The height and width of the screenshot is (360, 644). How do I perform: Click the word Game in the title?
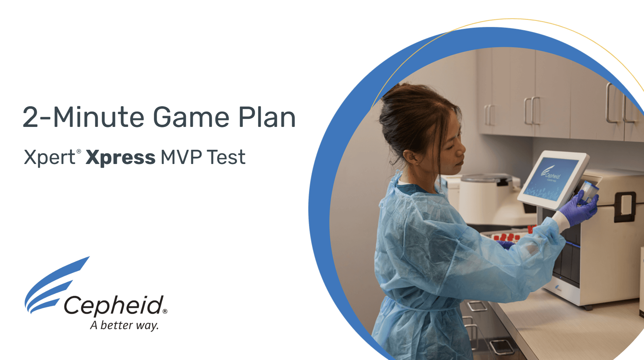click(191, 117)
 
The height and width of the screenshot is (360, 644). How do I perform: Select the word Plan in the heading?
click(267, 117)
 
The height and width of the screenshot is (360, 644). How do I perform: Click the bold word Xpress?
click(121, 158)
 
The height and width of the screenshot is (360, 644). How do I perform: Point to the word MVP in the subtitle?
click(181, 157)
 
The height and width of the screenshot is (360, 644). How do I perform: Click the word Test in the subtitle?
click(226, 157)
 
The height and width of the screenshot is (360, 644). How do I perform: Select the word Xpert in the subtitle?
click(49, 158)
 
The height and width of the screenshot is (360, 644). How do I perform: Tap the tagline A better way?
click(124, 325)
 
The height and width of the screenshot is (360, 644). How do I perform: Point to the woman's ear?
click(410, 157)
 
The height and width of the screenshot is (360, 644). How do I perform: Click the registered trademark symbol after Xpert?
click(79, 151)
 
